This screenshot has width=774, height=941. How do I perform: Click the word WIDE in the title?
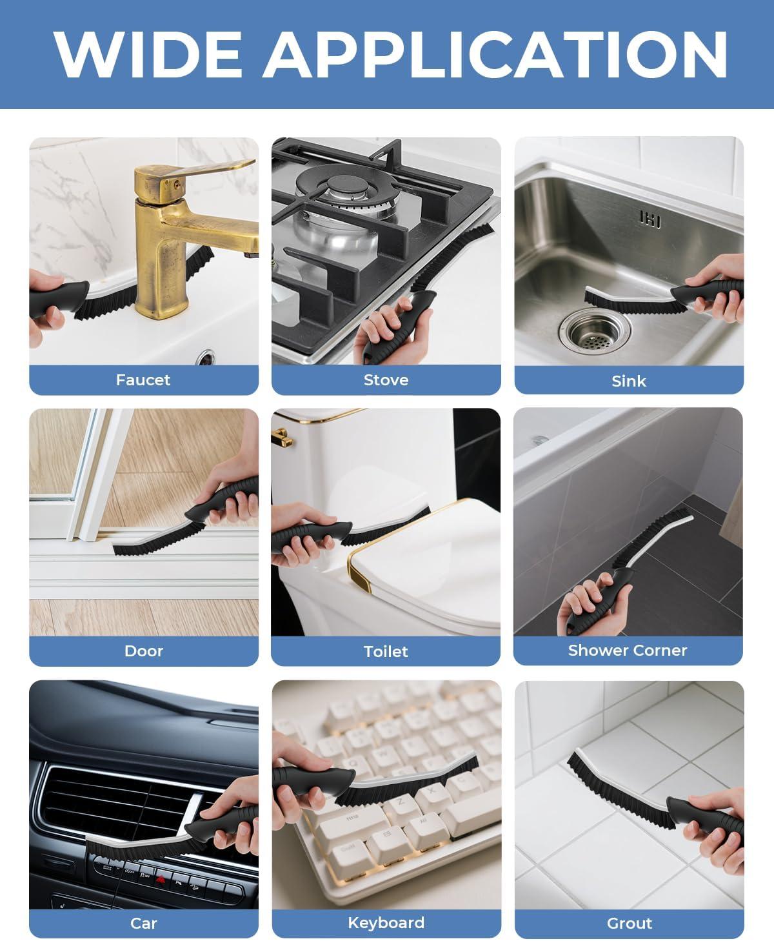click(148, 54)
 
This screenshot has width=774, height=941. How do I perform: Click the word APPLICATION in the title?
click(495, 54)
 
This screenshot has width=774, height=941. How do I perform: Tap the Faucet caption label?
click(143, 379)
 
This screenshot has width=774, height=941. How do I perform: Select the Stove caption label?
click(386, 379)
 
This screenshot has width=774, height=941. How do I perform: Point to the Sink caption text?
click(629, 381)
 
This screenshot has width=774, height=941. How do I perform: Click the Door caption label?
click(144, 651)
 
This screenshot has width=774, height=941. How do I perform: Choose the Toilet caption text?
click(386, 651)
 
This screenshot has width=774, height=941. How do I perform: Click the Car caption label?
click(144, 923)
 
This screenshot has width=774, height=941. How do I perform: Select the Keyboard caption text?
click(386, 922)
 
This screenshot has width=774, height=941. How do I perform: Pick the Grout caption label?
click(629, 923)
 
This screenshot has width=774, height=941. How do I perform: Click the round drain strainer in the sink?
click(595, 330)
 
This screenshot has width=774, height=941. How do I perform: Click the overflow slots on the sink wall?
click(650, 219)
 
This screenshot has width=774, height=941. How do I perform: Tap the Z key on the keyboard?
click(400, 802)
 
